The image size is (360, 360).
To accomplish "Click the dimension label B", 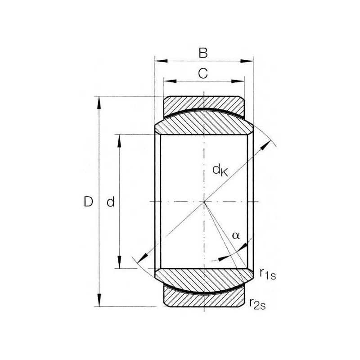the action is pyautogui.click(x=203, y=53).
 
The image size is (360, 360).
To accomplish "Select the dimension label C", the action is pyautogui.click(x=203, y=74).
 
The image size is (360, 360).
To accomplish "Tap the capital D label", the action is pyautogui.click(x=88, y=202).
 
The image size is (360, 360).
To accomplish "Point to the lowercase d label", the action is pyautogui.click(x=110, y=202).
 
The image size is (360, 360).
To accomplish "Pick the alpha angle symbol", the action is pyautogui.click(x=236, y=235).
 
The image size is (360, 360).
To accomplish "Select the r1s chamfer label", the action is pyautogui.click(x=268, y=274).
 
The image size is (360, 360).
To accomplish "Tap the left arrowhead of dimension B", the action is pyautogui.click(x=161, y=61).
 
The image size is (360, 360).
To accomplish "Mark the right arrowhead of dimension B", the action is pyautogui.click(x=247, y=61).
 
